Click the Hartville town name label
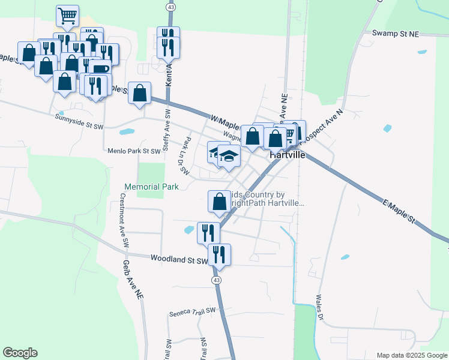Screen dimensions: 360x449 (288, 154)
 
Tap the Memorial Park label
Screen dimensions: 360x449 (152, 187)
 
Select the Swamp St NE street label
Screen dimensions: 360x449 (395, 34)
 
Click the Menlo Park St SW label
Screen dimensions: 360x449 (134, 151)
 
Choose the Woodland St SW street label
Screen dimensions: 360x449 (179, 259)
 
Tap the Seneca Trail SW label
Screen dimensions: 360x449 (192, 311)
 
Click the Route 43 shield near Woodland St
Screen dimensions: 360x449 (215, 280)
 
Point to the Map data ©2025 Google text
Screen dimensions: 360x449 (411, 355)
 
